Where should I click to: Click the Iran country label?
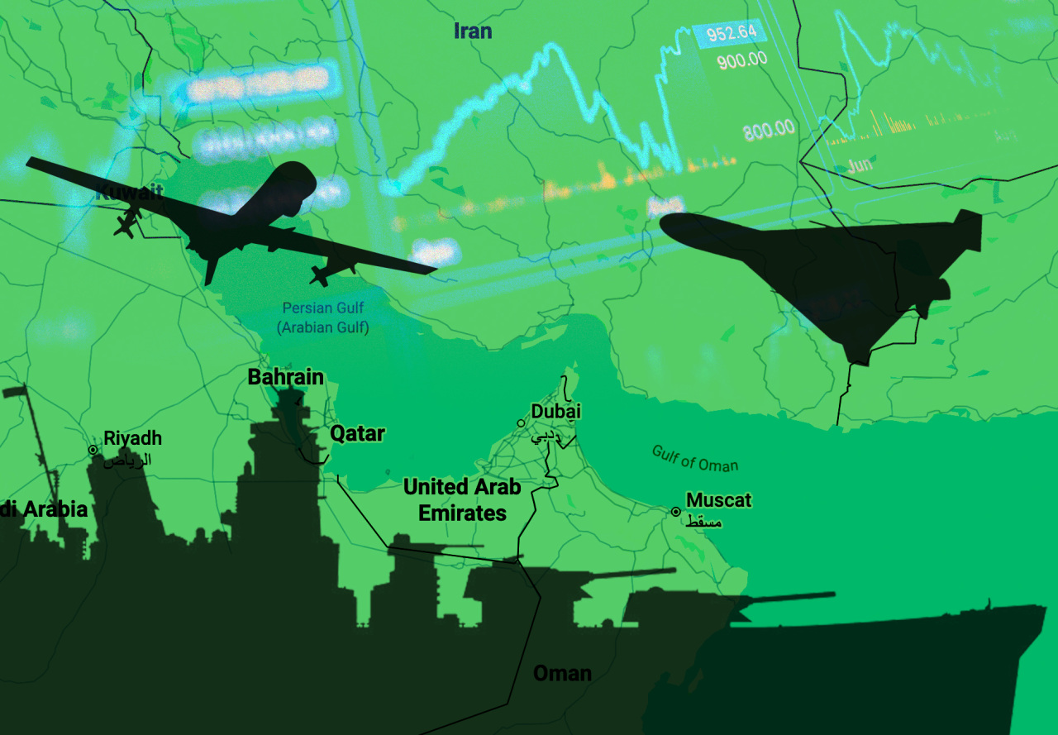point(473,31)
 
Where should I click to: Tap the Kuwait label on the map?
point(129,193)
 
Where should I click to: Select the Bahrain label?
point(286,377)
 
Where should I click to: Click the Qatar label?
point(357,433)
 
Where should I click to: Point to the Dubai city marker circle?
point(521,423)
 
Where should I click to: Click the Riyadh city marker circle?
point(93,450)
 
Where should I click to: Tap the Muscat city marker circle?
point(675,512)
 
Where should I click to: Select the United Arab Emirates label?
point(462,499)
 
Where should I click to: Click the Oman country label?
point(562,673)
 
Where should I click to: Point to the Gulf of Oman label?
point(694,459)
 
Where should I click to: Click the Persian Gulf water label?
point(322,317)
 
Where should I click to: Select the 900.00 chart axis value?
point(741,60)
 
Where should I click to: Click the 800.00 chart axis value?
point(768,129)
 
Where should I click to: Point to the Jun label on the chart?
point(860,165)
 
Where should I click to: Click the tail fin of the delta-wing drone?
point(963,227)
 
